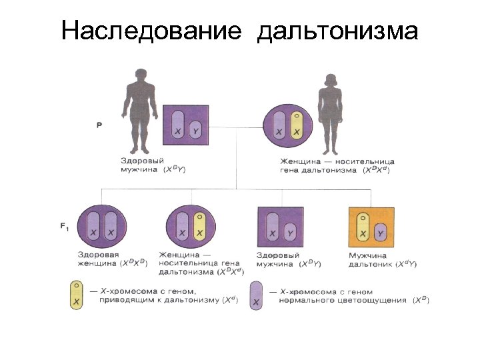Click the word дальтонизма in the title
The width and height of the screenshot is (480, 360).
337,31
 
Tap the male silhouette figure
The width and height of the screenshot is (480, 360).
139,110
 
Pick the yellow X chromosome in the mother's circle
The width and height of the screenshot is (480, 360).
297,125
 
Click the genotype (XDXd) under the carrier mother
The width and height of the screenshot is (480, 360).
377,171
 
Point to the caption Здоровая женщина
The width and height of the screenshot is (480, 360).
100,259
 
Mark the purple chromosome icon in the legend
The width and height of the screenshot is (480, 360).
256,295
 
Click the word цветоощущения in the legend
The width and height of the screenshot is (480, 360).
373,300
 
